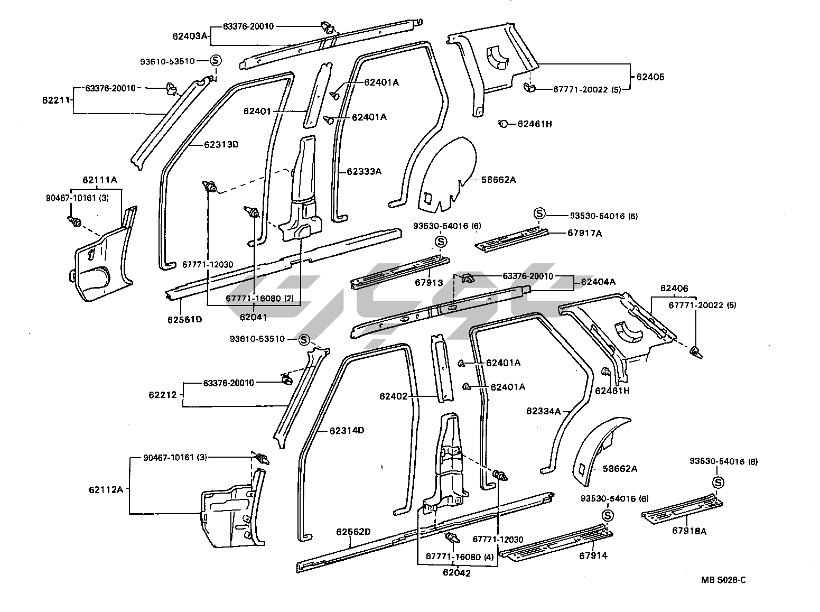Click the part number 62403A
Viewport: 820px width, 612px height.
click(x=189, y=36)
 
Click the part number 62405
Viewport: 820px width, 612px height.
click(x=650, y=77)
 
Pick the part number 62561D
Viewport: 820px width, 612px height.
click(x=185, y=319)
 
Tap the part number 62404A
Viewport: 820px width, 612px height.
click(x=598, y=282)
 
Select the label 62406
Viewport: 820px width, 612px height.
click(x=674, y=288)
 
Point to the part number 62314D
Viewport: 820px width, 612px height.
click(x=347, y=430)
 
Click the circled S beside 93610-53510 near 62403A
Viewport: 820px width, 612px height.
click(x=216, y=61)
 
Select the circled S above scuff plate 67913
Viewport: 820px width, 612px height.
click(x=441, y=242)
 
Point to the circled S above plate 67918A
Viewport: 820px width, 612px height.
click(x=717, y=482)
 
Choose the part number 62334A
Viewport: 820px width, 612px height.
click(x=543, y=411)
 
